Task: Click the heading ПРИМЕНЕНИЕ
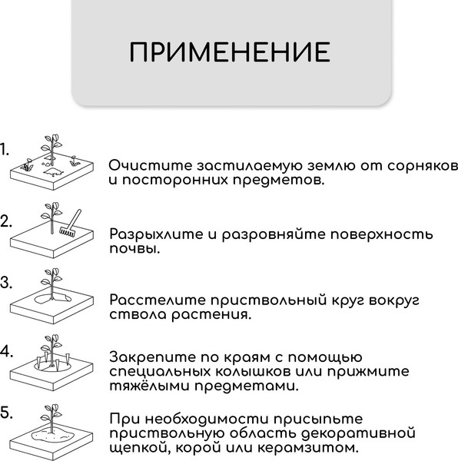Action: tap(229, 52)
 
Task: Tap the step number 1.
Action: tap(5, 149)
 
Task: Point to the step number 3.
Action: tap(6, 282)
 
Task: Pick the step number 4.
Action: tap(6, 352)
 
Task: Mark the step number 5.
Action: tap(6, 413)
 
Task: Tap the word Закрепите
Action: tap(156, 357)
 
